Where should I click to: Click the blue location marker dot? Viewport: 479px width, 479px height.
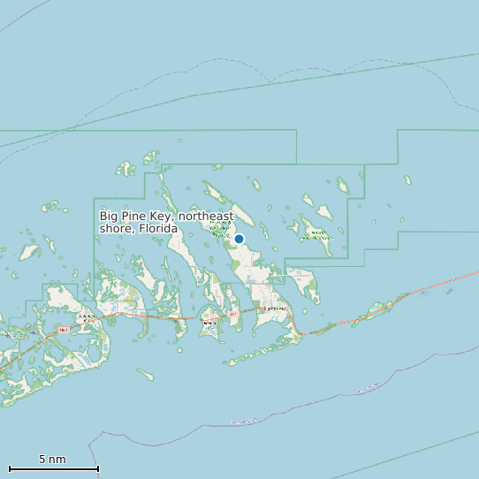[239, 239]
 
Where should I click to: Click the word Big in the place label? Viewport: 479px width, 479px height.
[109, 216]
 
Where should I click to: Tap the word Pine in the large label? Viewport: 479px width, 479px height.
[132, 216]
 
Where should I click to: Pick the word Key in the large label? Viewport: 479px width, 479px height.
[160, 216]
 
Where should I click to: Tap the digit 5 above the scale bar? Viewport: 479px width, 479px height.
[42, 460]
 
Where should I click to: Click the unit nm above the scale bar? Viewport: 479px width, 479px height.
[57, 460]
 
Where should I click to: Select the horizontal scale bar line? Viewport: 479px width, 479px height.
[53, 468]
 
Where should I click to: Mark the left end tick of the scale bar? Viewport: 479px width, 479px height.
[9, 468]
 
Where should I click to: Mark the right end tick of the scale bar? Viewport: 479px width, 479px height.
[98, 468]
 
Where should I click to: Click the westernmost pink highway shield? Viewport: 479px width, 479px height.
[64, 330]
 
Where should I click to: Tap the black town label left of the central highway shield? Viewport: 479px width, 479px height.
[209, 323]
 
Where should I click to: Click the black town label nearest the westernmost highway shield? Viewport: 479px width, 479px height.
[86, 316]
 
